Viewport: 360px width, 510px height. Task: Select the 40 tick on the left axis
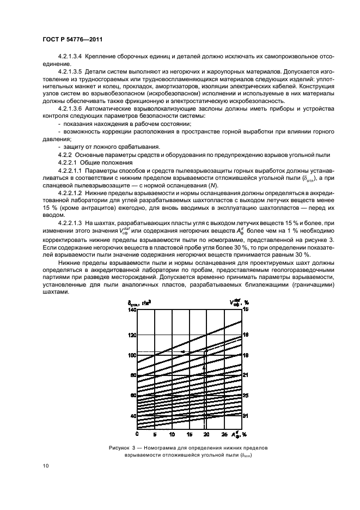[132, 416]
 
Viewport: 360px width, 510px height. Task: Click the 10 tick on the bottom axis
[172, 435]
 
